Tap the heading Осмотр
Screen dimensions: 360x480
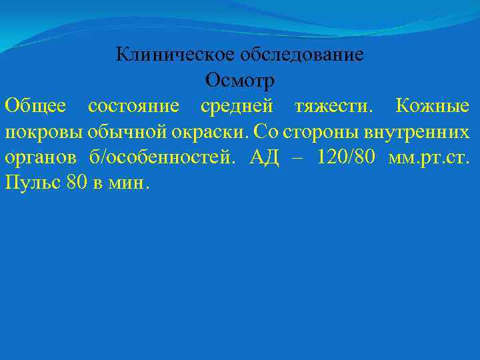240,81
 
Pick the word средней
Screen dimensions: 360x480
237,106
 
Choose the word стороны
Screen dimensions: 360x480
320,131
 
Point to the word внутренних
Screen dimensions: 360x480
415,132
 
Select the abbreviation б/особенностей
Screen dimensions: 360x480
164,157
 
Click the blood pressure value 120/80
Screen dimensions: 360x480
341,157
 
